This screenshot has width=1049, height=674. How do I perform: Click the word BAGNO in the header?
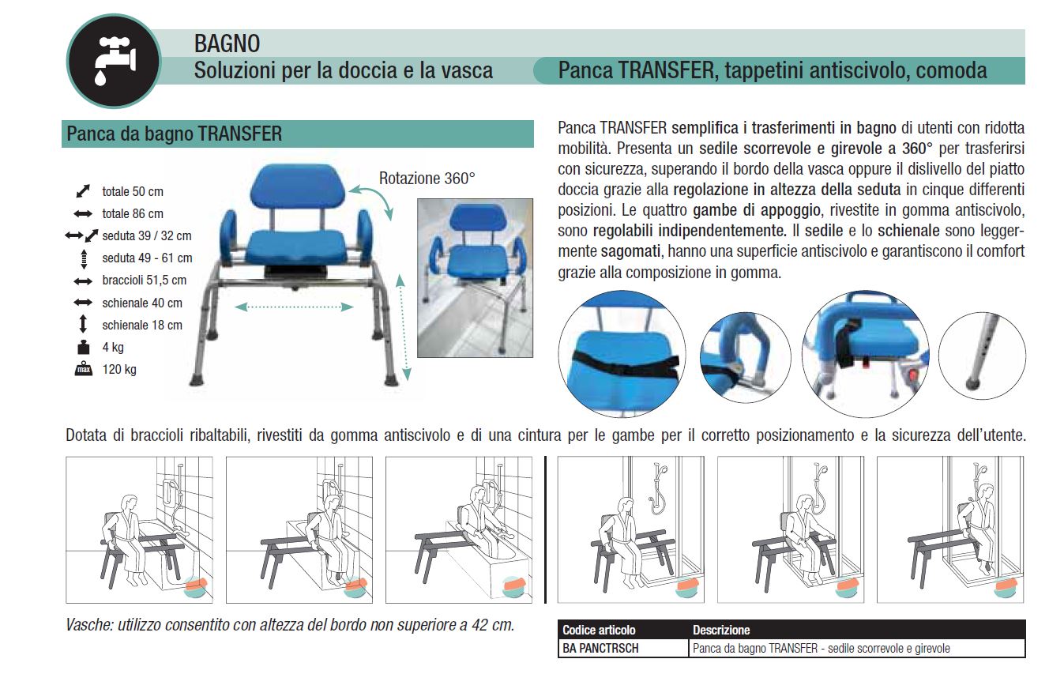[227, 43]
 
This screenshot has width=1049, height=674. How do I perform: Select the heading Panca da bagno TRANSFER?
[175, 134]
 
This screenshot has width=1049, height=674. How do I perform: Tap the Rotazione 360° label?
[427, 179]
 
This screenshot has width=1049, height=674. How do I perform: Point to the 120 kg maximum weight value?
[119, 369]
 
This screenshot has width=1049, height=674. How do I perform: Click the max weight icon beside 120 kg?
[84, 369]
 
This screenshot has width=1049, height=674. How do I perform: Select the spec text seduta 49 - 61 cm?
[147, 258]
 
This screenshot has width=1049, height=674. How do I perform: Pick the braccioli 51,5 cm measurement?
[145, 280]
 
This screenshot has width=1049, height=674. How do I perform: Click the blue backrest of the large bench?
[297, 187]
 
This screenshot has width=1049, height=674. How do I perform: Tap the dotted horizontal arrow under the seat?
[294, 307]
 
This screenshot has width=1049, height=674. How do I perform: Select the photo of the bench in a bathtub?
[475, 278]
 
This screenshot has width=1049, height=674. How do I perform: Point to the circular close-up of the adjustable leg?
[982, 356]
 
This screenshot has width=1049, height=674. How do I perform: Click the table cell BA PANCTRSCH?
[600, 648]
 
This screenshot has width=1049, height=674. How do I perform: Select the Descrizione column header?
[721, 630]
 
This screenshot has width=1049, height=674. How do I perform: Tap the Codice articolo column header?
[599, 630]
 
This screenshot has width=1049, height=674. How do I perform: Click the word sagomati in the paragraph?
[631, 251]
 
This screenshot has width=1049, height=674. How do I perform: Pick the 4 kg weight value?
[113, 347]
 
